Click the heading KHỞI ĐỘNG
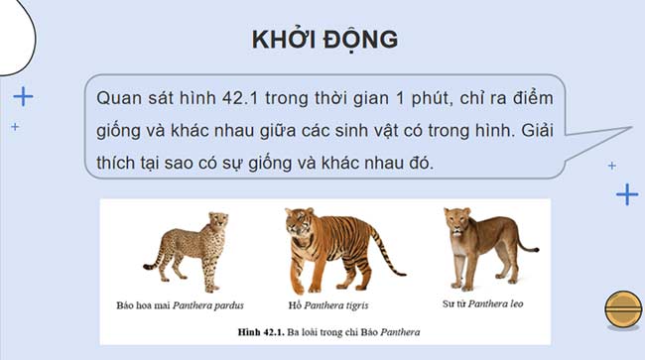(x=324, y=39)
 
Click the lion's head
(x=455, y=224)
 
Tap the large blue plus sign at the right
(x=626, y=193)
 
